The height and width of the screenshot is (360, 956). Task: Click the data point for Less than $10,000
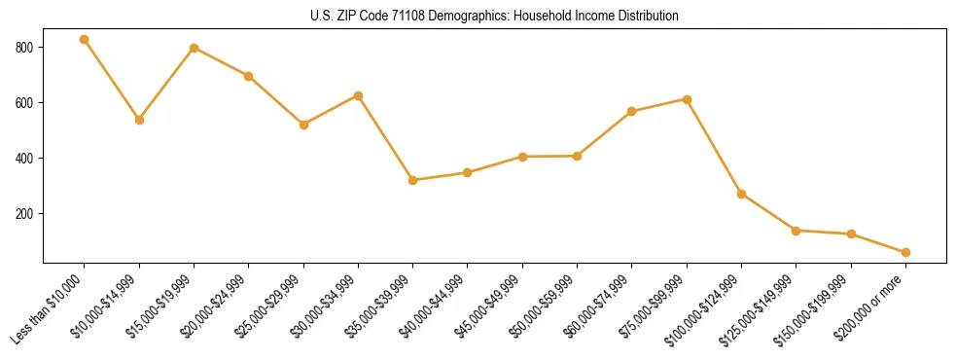coord(85,40)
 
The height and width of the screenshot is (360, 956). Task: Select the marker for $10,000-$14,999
coord(139,120)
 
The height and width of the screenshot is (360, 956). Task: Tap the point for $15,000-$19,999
coord(195,48)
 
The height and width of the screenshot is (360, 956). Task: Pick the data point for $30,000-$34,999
coord(359,95)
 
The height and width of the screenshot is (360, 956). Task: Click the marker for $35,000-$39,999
coord(413,180)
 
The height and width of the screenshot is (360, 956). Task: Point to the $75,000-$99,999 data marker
coord(687,99)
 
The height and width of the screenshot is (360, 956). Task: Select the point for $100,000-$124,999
coord(742,194)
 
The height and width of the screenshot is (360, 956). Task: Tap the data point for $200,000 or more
coord(905,252)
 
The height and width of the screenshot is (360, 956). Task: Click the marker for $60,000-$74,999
coord(632,111)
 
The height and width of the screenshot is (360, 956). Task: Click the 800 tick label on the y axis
coord(24,48)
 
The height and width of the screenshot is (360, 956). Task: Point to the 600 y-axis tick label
coord(24,103)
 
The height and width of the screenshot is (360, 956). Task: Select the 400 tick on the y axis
coord(24,159)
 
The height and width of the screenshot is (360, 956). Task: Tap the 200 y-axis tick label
coord(24,214)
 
